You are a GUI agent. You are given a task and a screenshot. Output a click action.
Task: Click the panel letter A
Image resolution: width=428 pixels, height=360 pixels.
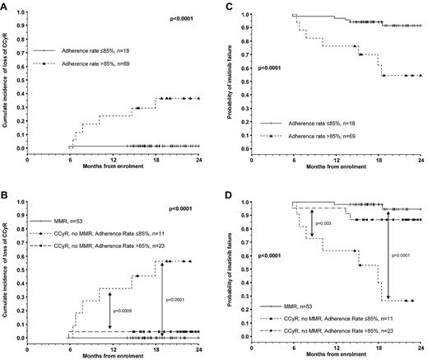5,5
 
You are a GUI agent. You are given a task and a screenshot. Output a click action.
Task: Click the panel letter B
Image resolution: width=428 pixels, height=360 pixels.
5,194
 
